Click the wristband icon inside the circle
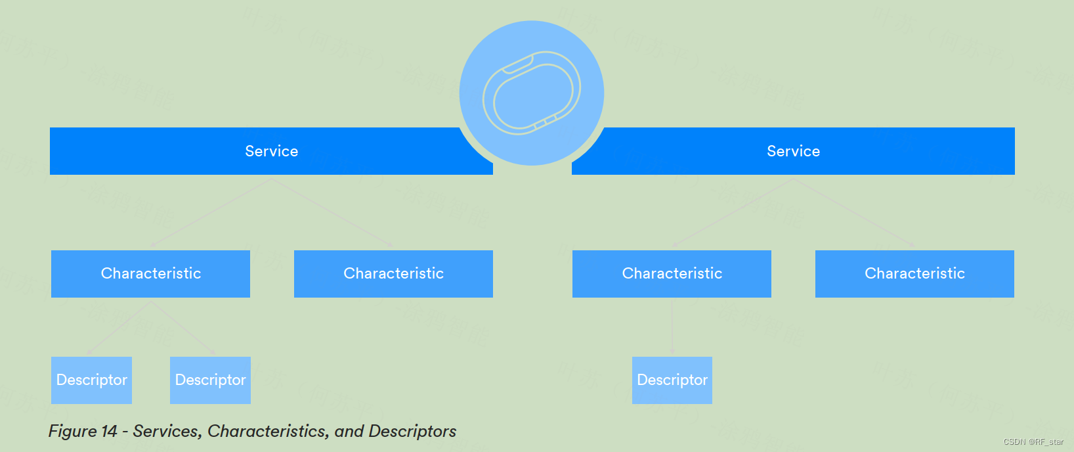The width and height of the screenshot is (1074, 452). [532, 93]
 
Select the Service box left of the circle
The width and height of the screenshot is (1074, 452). [271, 151]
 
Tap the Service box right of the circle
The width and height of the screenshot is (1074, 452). [793, 151]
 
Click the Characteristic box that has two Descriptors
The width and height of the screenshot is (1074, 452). [150, 273]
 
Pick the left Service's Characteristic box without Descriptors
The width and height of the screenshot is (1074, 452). [393, 273]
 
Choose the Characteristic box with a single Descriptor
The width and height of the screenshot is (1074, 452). [672, 273]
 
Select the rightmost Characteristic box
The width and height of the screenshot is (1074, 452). [914, 273]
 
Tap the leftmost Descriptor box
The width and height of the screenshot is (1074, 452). [91, 380]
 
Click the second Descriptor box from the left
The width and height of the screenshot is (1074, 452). [210, 380]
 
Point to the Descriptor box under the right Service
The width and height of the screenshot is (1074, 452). [672, 380]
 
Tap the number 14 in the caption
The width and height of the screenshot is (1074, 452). [109, 432]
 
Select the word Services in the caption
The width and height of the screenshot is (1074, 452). [167, 432]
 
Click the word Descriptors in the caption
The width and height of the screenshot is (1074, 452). [412, 432]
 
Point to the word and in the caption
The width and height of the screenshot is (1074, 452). [349, 432]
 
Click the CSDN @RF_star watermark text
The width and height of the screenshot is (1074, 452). [1033, 442]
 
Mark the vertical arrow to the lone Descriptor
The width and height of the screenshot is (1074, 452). [672, 327]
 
